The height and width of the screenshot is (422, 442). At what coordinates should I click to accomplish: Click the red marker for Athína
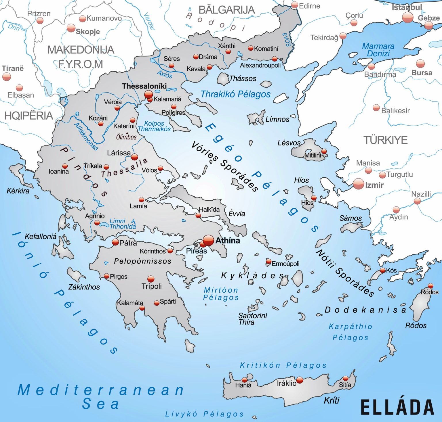pos(208,240)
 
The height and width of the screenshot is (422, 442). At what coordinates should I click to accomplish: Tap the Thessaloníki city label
pos(144,86)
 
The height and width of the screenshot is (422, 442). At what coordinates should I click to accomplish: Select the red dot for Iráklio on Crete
pos(300,380)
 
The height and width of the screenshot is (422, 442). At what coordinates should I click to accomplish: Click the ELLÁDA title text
pos(397,407)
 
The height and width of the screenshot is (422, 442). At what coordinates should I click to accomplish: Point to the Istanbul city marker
pos(407,18)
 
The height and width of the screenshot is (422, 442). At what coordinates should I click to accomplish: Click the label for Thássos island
pos(242,78)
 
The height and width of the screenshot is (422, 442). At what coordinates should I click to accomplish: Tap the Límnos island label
pos(277,119)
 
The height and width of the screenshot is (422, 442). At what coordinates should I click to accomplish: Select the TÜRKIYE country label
pos(386,140)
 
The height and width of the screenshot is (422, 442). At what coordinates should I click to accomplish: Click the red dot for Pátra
pos(115,242)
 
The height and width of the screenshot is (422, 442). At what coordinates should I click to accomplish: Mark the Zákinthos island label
pos(84,287)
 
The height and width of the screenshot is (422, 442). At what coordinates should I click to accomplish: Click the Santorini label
pos(253,316)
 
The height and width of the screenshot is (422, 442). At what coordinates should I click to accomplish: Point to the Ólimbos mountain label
pos(126,137)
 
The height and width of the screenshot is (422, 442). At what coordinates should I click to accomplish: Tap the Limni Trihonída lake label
pos(122,224)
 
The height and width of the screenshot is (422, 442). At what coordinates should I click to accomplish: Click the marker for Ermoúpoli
pos(268,262)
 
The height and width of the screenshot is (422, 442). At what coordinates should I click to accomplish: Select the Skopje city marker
pos(71,28)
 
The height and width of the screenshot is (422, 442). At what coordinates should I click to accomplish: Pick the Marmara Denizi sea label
pos(378,50)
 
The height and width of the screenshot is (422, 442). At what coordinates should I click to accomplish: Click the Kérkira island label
pos(18,191)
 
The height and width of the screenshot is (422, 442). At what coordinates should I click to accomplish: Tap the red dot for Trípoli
pos(151,279)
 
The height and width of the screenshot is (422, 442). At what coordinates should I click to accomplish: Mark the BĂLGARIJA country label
pos(226,10)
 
